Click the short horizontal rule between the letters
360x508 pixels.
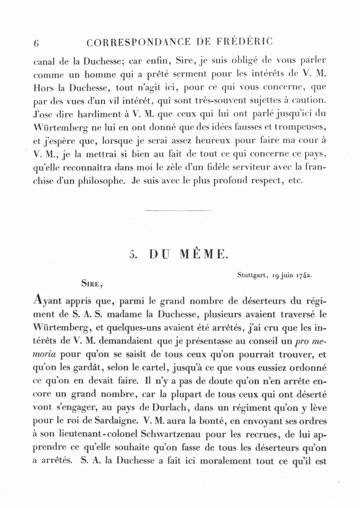[x=178, y=210]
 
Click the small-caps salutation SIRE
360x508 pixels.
[x=92, y=284]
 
